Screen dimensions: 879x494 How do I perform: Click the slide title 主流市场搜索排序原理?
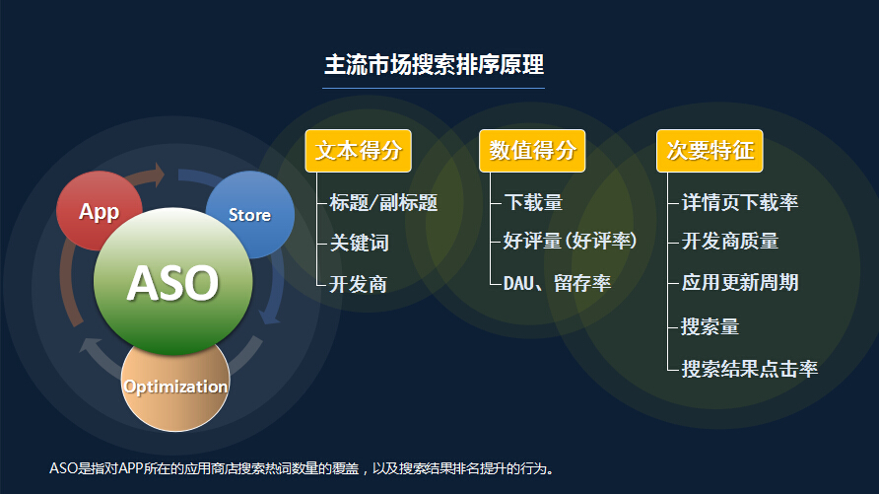pos(434,64)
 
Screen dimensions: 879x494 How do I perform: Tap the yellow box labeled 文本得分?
pos(359,151)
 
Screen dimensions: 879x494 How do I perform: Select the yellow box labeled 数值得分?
pos(532,151)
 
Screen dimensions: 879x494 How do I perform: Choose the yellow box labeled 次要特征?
pos(710,151)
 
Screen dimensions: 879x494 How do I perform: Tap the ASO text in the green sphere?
pos(172,283)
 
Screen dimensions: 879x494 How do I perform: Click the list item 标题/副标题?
pos(383,202)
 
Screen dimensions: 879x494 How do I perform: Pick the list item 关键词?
pos(360,243)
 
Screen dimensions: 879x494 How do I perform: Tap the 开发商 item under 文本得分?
pos(359,284)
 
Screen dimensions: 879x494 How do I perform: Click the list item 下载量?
pos(533,202)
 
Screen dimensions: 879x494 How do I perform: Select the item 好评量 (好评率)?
pos(570,242)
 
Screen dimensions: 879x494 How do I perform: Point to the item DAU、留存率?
pos(557,283)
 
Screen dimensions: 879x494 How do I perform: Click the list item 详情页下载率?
pos(740,202)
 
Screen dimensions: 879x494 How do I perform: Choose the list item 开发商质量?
pos(730,242)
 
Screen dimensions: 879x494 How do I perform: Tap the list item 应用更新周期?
pos(740,282)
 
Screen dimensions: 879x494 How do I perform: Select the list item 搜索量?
pos(710,326)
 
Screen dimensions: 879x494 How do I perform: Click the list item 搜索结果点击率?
pos(750,369)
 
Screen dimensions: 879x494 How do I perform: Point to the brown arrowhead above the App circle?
pos(160,175)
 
